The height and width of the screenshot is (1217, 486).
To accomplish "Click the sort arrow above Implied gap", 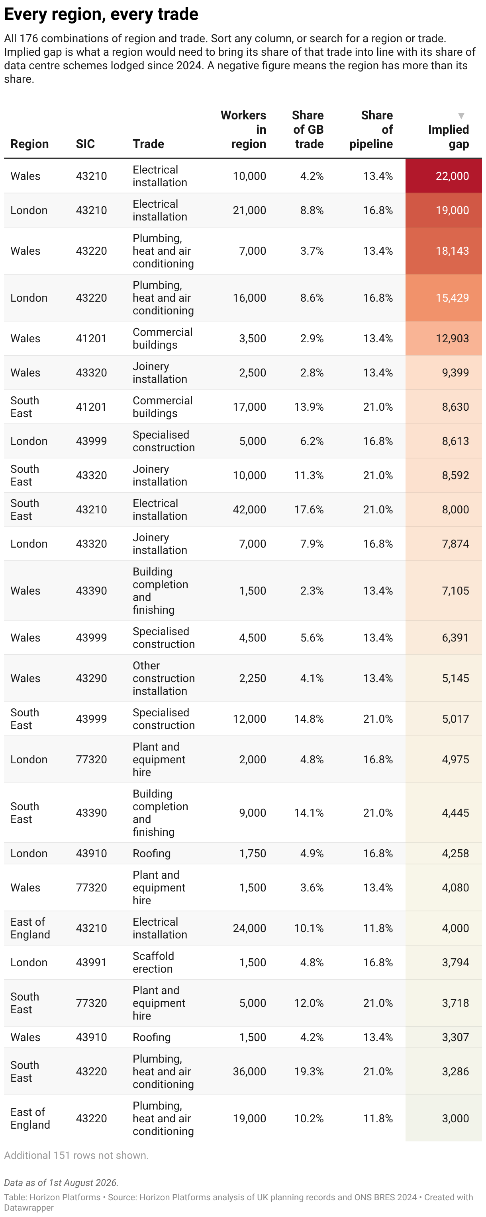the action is [461, 116].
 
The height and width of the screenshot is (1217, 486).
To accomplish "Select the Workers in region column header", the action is [243, 129].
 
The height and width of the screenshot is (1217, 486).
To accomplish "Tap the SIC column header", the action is [85, 144].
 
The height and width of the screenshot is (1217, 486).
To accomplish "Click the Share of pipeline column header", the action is [371, 129].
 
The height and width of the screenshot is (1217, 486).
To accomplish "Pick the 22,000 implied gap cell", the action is [443, 176].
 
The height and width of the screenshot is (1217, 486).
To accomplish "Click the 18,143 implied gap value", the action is [452, 251].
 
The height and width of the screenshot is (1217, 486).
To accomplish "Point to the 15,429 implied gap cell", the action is [443, 298].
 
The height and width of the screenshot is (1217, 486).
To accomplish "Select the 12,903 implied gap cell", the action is [443, 338].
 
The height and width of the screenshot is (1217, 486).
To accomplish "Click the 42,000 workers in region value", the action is [249, 509].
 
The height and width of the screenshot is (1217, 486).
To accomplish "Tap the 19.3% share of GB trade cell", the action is [309, 1071].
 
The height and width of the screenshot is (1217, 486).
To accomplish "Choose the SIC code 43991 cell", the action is [91, 962].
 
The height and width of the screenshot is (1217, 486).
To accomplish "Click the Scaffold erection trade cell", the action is [153, 962].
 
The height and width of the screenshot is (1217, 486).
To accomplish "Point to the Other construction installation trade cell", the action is [164, 678].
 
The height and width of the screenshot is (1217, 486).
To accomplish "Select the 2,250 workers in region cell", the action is [253, 678].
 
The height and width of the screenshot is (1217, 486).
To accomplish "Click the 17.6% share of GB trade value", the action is [309, 509].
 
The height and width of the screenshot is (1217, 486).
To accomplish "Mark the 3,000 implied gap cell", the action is [443, 1118].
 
